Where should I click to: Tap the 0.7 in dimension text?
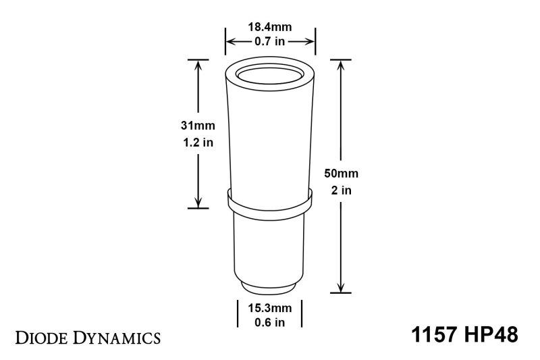click(x=269, y=43)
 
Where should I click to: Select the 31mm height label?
click(x=191, y=126)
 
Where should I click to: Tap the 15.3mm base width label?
click(x=269, y=308)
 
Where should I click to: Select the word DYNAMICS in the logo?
click(x=122, y=336)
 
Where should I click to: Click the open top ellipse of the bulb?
click(x=269, y=75)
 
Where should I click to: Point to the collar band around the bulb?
click(x=269, y=200)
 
